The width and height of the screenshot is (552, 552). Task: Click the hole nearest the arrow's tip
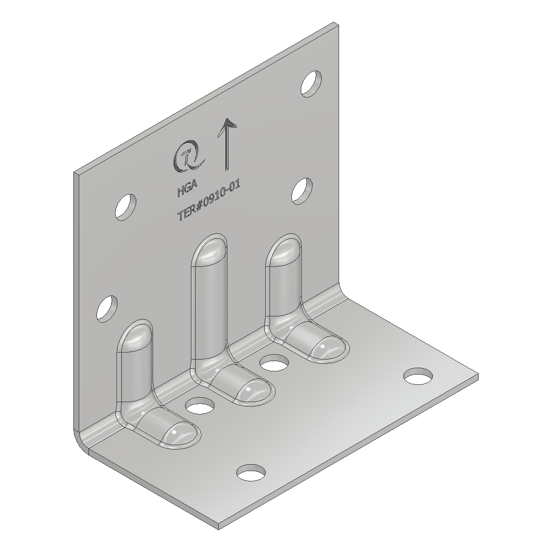(311, 84)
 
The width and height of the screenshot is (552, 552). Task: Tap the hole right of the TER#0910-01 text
(302, 191)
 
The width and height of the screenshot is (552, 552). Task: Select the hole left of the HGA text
(125, 206)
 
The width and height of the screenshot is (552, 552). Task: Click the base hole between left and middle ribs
(199, 405)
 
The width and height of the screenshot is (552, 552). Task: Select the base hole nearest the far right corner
(418, 376)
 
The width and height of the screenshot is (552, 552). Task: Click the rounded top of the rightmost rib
(284, 250)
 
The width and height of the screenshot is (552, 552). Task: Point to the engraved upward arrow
(227, 146)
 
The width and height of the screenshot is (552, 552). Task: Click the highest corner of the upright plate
(336, 23)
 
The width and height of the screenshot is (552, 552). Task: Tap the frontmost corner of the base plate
(220, 524)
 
